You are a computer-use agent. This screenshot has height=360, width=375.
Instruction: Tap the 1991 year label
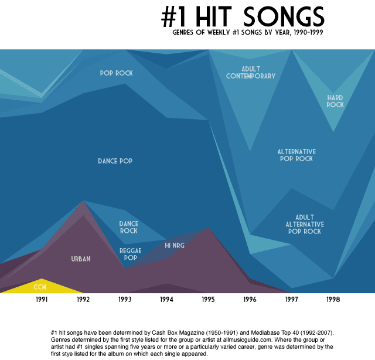pyautogui.click(x=42, y=300)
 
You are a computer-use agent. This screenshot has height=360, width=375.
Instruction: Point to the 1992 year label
pyautogui.click(x=83, y=300)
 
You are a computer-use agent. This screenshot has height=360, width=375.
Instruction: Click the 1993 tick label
pyautogui.click(x=125, y=300)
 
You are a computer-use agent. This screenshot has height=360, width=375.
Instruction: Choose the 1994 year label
pyautogui.click(x=166, y=300)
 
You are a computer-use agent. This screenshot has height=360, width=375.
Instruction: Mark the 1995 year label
pyautogui.click(x=208, y=300)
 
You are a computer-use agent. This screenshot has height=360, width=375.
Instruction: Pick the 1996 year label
pyautogui.click(x=250, y=300)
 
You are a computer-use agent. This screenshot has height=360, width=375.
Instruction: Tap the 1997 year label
pyautogui.click(x=291, y=300)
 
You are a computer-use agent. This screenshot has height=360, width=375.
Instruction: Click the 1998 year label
pyautogui.click(x=333, y=300)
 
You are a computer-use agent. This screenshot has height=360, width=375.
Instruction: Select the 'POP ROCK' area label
pyautogui.click(x=116, y=73)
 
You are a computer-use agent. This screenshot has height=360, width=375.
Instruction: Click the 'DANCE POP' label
pyautogui.click(x=115, y=161)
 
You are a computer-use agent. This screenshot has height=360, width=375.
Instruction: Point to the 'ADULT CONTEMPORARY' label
pyautogui.click(x=250, y=73)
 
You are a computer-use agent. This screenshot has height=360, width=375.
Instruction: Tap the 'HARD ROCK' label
pyautogui.click(x=335, y=101)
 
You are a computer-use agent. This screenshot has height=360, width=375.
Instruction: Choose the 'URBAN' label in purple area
pyautogui.click(x=81, y=259)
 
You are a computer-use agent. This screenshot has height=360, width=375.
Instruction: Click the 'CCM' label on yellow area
pyautogui.click(x=40, y=287)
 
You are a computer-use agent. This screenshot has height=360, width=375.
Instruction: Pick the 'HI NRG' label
pyautogui.click(x=175, y=246)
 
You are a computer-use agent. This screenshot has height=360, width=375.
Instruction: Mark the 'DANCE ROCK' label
pyautogui.click(x=129, y=227)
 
